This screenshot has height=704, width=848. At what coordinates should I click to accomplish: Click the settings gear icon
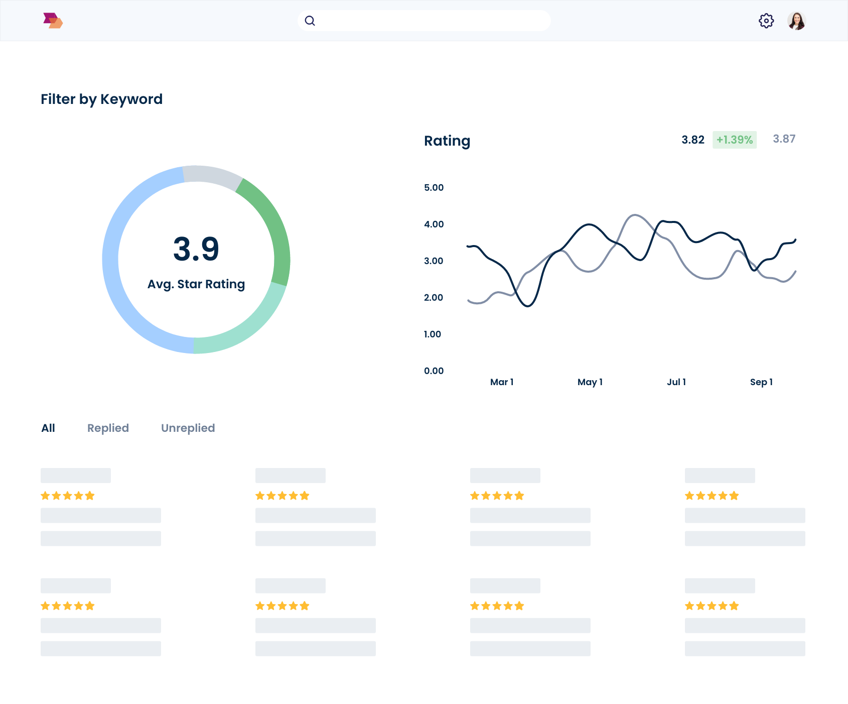tap(766, 21)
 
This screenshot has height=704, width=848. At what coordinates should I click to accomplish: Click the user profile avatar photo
tap(796, 21)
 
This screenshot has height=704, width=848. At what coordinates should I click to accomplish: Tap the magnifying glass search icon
tap(310, 21)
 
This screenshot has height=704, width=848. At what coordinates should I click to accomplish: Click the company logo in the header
tap(53, 21)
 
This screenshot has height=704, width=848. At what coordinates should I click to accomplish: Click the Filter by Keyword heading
tap(101, 99)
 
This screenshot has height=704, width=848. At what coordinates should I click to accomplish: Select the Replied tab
tap(108, 428)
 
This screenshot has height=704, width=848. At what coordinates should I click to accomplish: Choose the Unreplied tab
tap(188, 428)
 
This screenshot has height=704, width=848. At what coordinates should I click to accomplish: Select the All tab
tap(48, 428)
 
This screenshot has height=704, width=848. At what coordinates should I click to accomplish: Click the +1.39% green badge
tap(734, 140)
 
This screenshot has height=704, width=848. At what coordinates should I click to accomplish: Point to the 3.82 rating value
tap(692, 140)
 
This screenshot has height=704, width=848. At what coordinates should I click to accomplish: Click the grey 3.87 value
tap(784, 139)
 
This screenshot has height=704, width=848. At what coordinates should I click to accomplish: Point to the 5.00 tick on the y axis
tap(434, 187)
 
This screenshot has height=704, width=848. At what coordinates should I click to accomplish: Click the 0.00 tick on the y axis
tap(434, 371)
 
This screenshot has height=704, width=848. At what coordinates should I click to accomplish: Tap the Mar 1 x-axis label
tap(501, 382)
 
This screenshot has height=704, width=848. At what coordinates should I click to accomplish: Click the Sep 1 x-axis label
tap(761, 382)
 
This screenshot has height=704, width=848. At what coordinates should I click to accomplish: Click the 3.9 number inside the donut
tap(196, 249)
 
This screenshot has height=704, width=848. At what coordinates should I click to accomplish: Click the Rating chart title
tap(447, 141)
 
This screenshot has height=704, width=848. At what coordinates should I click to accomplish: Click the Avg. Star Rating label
tap(196, 284)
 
